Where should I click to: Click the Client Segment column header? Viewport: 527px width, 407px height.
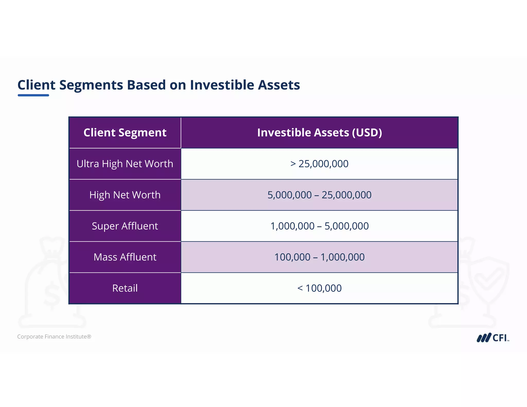[x=125, y=133]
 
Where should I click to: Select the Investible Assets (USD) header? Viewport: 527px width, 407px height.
[x=319, y=133]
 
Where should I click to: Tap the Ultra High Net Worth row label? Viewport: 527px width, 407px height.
[x=125, y=164]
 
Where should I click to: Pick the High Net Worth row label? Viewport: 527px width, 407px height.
[x=125, y=195]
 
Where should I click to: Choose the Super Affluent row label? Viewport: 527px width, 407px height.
[x=125, y=226]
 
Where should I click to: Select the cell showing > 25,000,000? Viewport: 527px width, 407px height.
[x=319, y=164]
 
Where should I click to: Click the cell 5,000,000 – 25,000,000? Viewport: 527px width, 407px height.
[x=319, y=195]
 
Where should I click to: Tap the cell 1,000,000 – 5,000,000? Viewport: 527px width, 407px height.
[x=319, y=226]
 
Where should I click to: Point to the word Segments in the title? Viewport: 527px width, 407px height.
[x=91, y=85]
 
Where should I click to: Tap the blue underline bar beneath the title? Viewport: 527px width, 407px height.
[x=33, y=95]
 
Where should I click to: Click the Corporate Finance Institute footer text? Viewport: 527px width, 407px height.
[x=54, y=337]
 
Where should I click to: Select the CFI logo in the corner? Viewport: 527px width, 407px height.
[x=493, y=338]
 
